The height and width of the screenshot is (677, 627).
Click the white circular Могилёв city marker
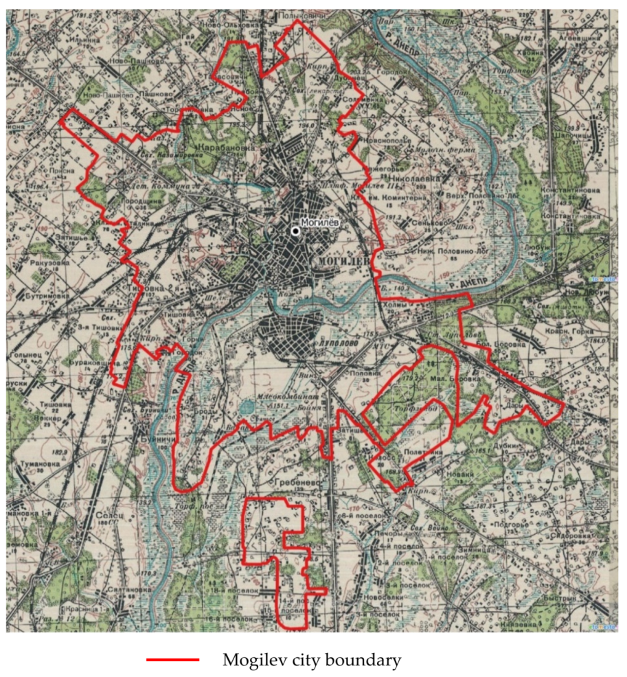[295, 231]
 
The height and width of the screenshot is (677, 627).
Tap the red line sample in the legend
[172, 661]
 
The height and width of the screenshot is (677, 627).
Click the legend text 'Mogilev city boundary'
[311, 661]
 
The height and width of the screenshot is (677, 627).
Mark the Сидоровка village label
[571, 536]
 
